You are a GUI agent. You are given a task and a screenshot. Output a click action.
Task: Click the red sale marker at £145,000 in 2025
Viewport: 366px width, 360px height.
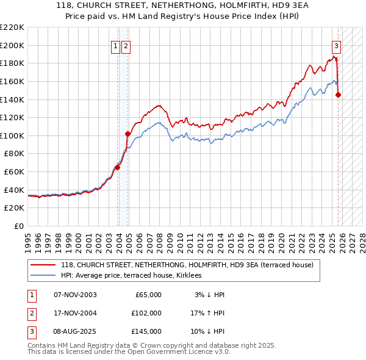point(339,95)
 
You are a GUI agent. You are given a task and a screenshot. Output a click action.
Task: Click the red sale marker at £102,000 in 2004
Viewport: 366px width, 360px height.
point(127,134)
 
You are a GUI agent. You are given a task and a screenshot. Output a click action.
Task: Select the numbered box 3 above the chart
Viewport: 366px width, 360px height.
point(336,45)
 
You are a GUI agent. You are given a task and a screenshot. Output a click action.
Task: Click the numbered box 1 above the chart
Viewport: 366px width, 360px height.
point(115,45)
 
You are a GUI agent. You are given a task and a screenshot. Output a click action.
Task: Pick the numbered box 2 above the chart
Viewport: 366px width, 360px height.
point(125,45)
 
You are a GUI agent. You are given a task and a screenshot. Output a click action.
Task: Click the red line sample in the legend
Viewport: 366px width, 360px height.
point(43,265)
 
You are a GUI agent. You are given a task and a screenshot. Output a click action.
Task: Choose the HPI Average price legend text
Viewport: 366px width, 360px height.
point(135,275)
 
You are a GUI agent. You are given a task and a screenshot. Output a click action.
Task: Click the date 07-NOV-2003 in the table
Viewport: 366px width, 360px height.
point(75,294)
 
